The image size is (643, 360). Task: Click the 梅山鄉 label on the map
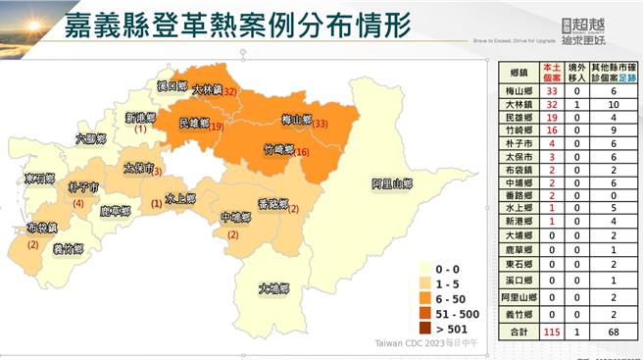[x=296, y=120]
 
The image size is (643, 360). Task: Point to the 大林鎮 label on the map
[x=207, y=89]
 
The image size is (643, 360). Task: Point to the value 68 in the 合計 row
[x=612, y=334]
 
